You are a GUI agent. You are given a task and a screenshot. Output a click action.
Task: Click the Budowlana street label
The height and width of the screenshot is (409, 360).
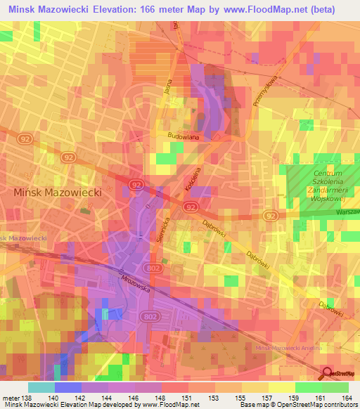tap(184, 137)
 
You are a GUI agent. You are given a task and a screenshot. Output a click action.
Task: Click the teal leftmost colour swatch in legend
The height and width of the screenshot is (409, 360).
tap(41, 387)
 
